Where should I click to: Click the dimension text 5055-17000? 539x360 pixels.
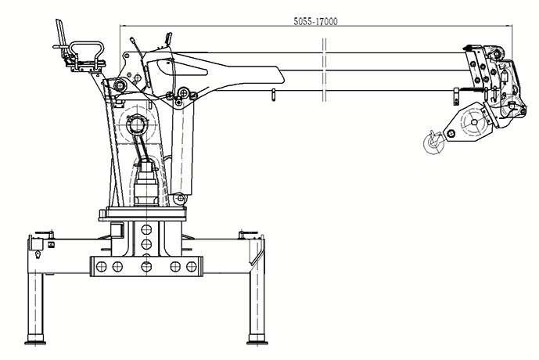(x=315, y=21)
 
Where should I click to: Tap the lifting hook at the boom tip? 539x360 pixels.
(x=434, y=142)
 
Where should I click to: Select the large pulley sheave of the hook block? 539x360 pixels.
(x=474, y=122)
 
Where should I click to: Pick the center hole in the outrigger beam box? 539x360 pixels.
(x=146, y=266)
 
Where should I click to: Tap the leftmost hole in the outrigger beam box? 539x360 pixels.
(x=102, y=266)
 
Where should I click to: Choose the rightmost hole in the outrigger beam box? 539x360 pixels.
(x=191, y=266)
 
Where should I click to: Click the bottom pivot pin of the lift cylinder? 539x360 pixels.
(x=180, y=198)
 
